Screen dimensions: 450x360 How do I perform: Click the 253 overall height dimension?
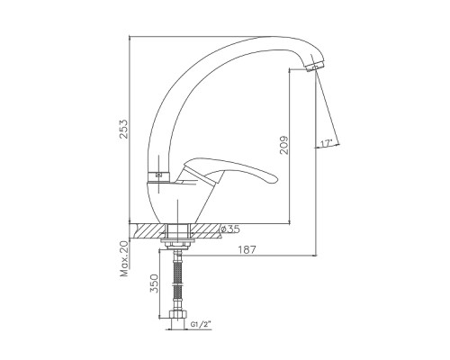point(123,129)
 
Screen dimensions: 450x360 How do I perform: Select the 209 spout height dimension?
point(283,145)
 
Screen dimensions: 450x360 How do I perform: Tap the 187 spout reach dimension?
point(247,249)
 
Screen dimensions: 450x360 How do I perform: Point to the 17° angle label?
point(327,143)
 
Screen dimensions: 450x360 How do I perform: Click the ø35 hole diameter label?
point(230,229)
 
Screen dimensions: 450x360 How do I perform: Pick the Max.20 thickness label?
point(124,258)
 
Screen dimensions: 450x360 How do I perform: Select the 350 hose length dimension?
point(154,283)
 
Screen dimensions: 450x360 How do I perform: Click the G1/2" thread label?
point(201,324)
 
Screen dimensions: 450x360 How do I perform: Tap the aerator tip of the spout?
point(315,67)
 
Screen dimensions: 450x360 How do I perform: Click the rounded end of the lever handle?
point(274,179)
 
